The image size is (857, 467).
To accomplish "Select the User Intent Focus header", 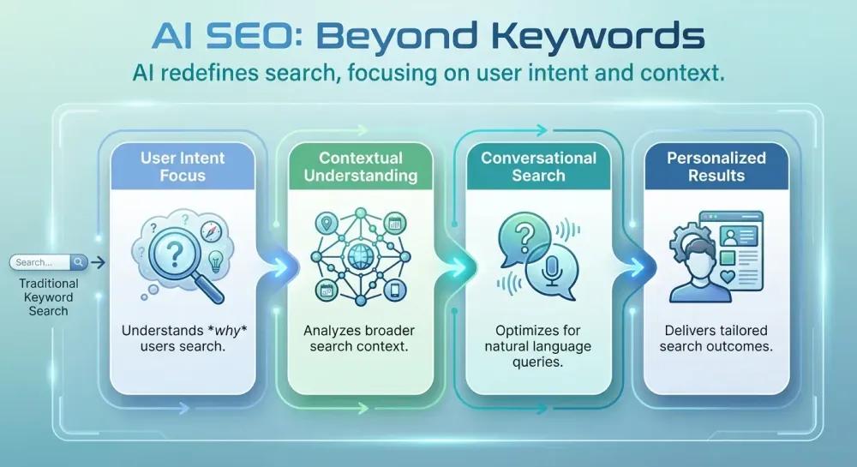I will click(182, 166).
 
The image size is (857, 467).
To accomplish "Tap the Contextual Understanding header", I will click(361, 166).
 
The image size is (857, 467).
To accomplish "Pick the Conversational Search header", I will click(538, 166).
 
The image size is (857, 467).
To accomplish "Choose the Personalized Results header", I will click(716, 166).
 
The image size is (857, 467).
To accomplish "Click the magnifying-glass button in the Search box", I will click(78, 262).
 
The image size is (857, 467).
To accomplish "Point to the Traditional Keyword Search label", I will click(49, 296).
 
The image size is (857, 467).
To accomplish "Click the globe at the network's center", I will click(361, 254).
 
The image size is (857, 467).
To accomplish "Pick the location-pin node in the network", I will click(326, 225).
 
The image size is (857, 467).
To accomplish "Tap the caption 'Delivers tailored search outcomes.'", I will click(716, 338).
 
